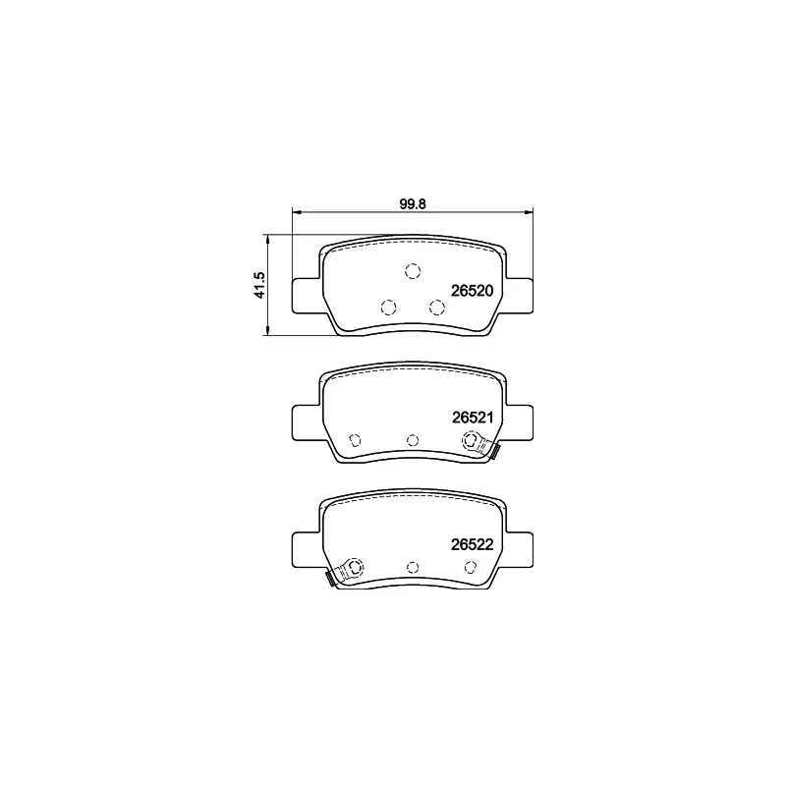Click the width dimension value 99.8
coord(413,204)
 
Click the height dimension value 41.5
coord(259,285)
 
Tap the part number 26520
coord(473,291)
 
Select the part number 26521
coord(473,418)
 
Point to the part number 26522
coord(473,544)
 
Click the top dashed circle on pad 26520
coord(413,271)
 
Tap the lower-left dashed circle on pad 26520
coord(388,308)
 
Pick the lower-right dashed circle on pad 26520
coord(437,308)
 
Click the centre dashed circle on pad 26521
coord(413,440)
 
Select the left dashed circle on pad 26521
coord(355,440)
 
